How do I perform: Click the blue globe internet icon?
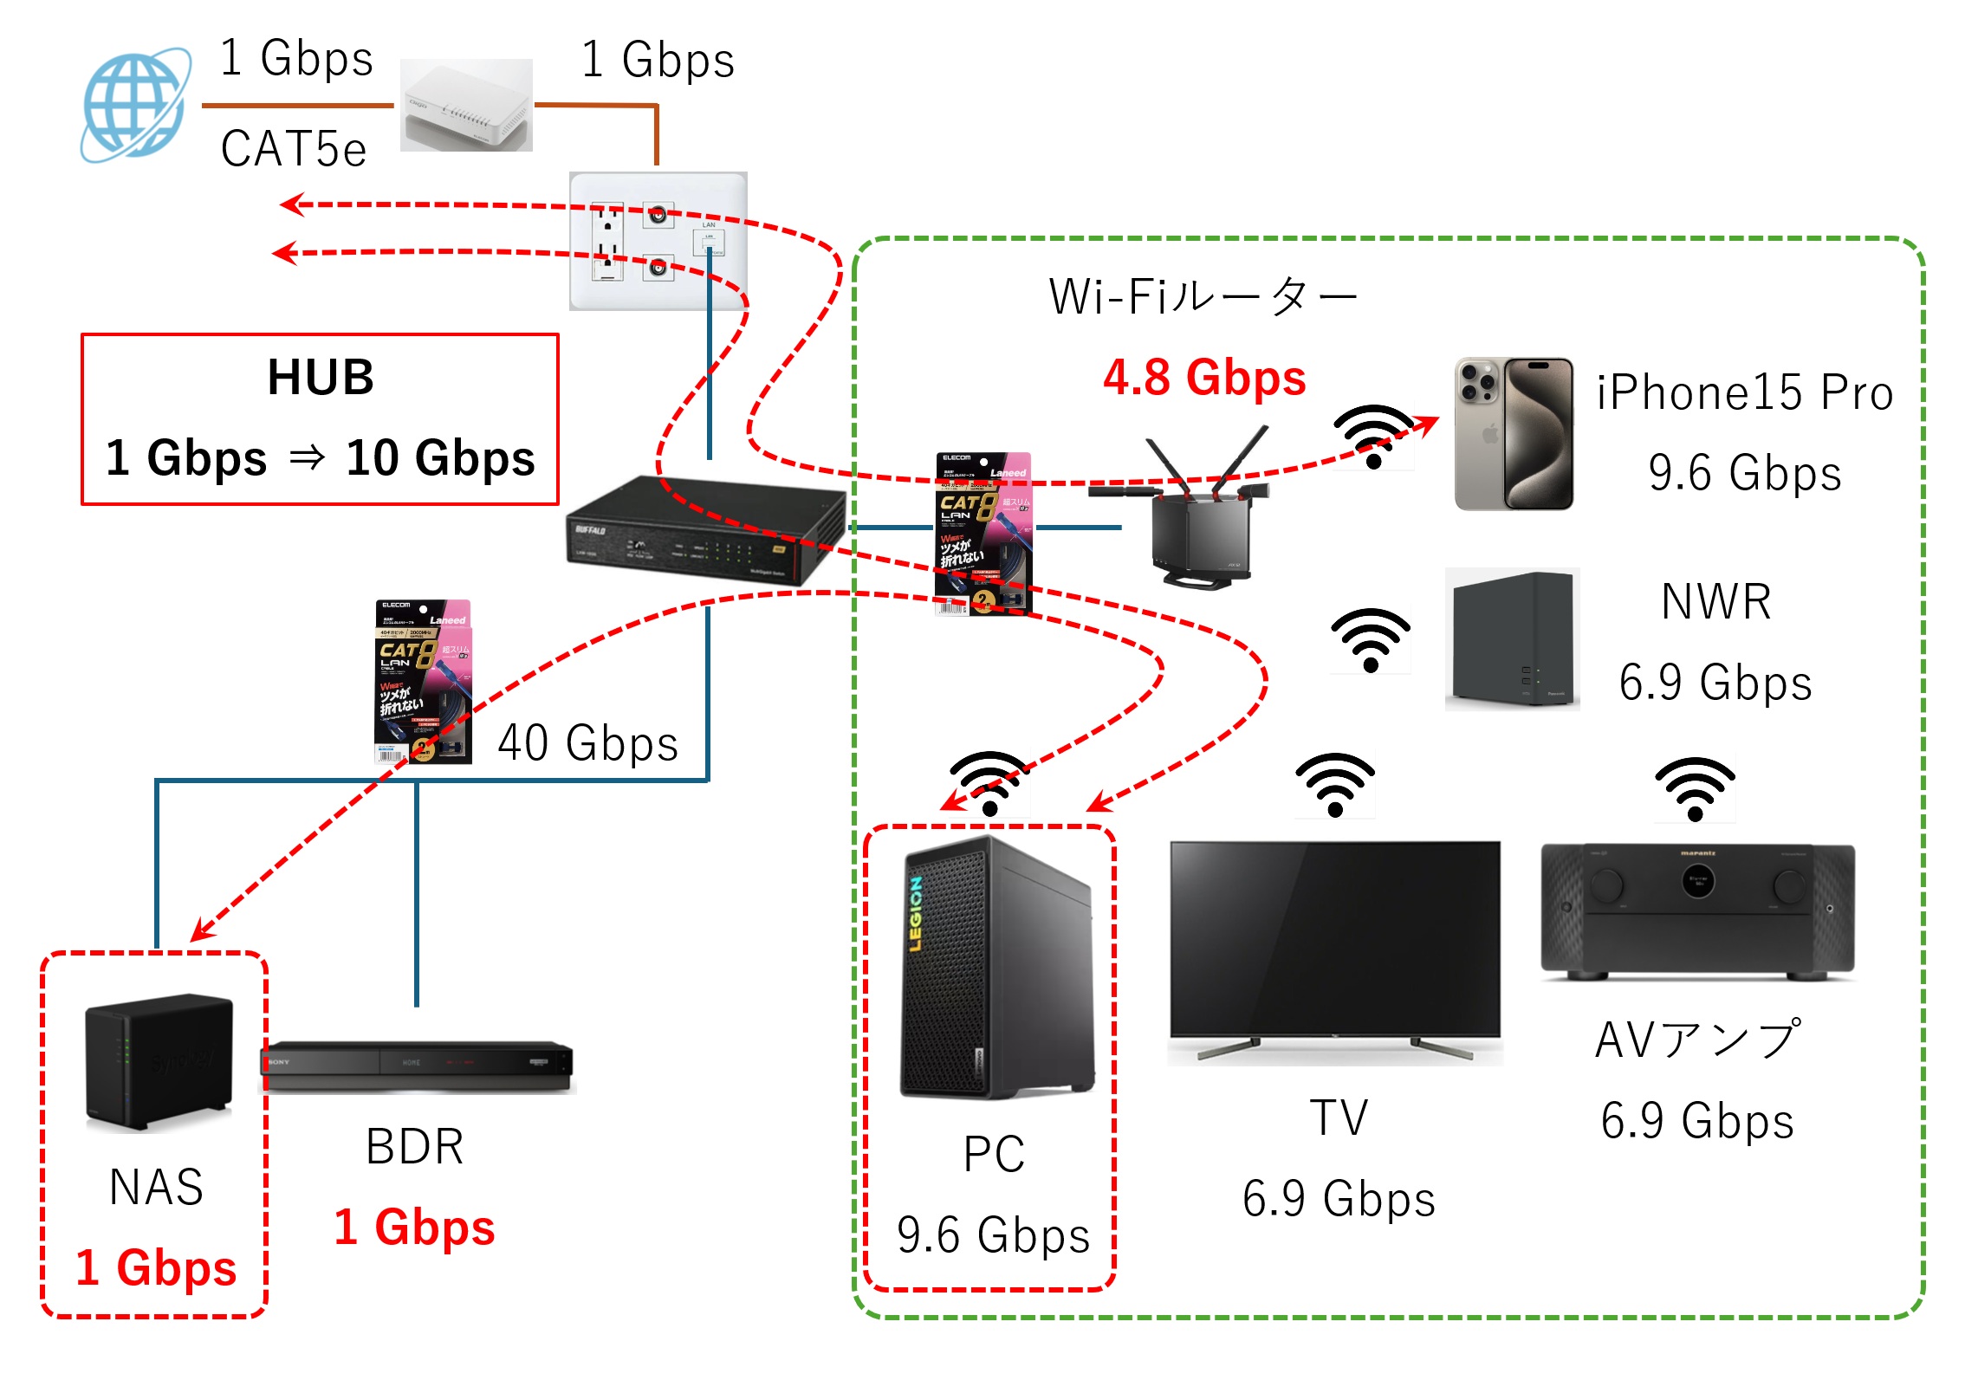point(135,105)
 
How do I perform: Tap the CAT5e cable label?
point(294,149)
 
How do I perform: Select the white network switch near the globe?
point(466,106)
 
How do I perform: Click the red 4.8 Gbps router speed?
point(1204,379)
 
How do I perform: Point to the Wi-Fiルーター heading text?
point(1203,297)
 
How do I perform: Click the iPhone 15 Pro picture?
point(1513,433)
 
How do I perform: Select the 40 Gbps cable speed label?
point(587,743)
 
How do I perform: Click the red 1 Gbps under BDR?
point(414,1228)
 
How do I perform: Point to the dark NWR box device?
point(1512,639)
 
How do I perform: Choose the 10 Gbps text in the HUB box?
point(440,457)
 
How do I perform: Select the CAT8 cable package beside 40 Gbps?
point(423,681)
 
